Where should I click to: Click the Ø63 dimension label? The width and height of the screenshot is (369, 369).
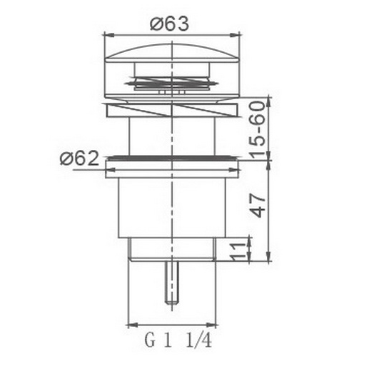point(169,24)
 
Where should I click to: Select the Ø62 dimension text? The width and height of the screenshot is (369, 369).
point(79,158)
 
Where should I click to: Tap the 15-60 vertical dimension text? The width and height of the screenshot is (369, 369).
point(258,130)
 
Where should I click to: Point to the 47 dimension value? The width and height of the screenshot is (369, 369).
point(258,206)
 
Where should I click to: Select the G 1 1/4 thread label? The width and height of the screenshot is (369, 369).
point(178,340)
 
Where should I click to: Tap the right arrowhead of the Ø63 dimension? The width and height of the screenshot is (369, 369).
point(234,35)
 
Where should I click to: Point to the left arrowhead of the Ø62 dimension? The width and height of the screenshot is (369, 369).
point(110,170)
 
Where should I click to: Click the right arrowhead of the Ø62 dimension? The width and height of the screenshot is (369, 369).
point(233,170)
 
